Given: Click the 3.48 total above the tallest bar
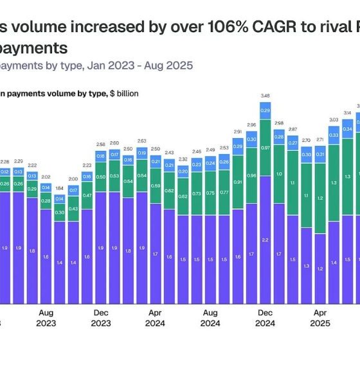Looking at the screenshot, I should point(265,96).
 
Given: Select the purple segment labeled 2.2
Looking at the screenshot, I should point(265,239).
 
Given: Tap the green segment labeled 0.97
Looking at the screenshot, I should point(265,148).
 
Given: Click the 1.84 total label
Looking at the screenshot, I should point(60,188).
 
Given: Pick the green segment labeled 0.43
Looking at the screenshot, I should point(73,209).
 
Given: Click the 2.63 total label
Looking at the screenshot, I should point(142,141).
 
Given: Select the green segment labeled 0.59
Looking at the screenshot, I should point(156,187).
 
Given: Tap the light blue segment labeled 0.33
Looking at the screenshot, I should point(334,136).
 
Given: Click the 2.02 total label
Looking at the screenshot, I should point(46,177).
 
